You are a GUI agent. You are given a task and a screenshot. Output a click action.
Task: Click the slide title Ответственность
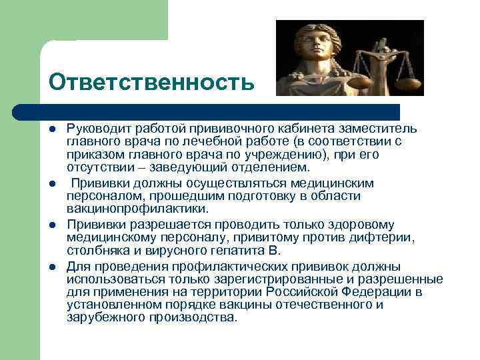click(x=151, y=82)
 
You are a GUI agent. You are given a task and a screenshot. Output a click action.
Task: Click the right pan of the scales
click(x=406, y=84)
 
